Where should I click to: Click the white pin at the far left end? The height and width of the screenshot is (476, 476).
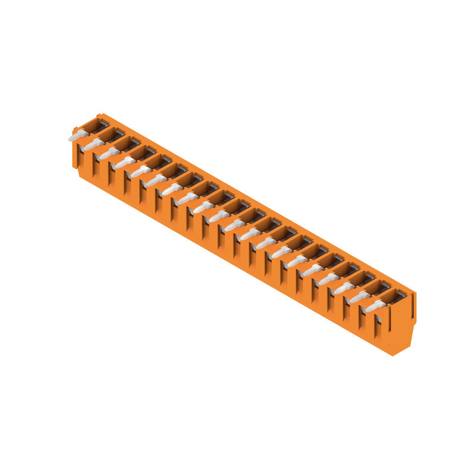(x=78, y=136)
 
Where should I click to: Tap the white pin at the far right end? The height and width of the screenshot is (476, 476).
(x=375, y=306)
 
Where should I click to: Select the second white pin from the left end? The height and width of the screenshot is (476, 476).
(x=93, y=145)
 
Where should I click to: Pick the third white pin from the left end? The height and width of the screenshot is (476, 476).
(x=109, y=154)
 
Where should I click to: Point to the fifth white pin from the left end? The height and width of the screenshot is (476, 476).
(x=140, y=171)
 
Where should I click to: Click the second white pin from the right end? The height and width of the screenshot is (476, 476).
(x=359, y=297)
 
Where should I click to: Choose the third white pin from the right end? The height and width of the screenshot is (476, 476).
(x=344, y=289)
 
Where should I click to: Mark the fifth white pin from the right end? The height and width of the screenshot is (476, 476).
(x=312, y=271)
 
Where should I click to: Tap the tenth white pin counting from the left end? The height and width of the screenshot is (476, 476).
(x=218, y=217)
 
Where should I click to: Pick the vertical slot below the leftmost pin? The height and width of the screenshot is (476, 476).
(x=79, y=154)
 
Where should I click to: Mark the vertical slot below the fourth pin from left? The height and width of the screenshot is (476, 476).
(x=126, y=181)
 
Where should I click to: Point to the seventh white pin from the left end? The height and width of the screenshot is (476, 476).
(x=172, y=189)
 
